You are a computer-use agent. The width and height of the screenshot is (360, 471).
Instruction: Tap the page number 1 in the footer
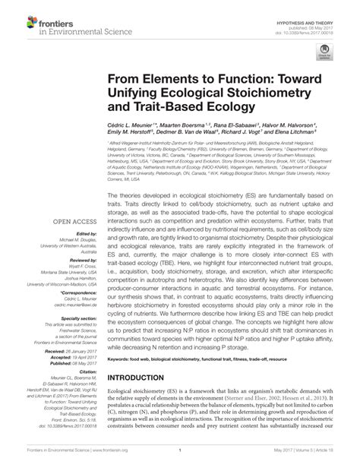[x=179, y=460]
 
